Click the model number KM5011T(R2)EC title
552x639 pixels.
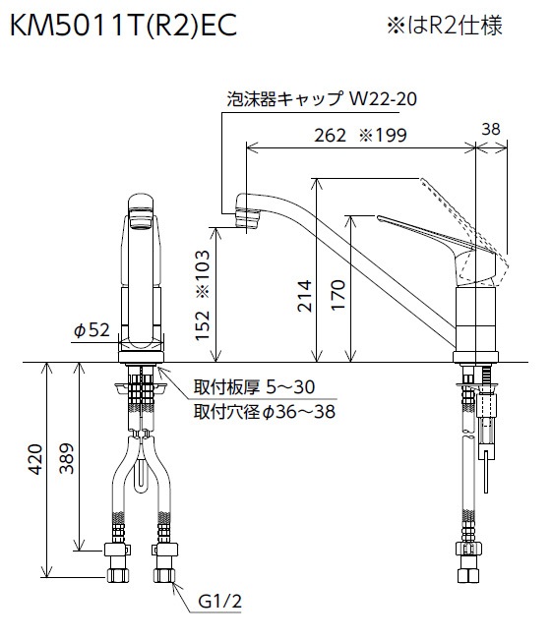[x=123, y=26]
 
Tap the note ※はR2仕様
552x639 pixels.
[x=445, y=26]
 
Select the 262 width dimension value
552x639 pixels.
[x=330, y=136]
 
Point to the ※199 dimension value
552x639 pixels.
[x=383, y=136]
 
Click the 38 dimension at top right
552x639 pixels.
[x=490, y=129]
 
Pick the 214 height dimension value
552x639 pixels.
[x=304, y=296]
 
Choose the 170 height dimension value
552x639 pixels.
[x=338, y=295]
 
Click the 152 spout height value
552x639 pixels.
[x=202, y=324]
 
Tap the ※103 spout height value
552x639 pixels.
[x=203, y=273]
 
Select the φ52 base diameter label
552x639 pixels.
[x=92, y=329]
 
